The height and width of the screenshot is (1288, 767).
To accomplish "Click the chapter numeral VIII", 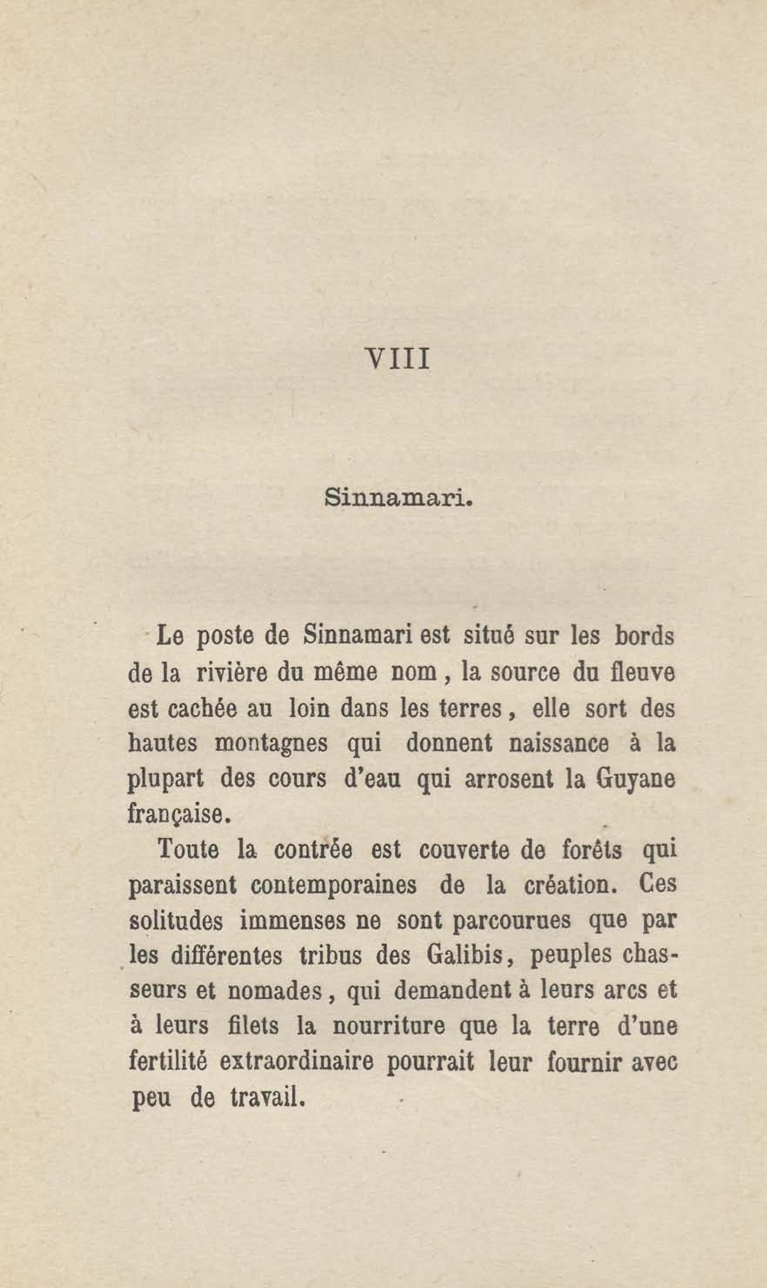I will click(397, 359).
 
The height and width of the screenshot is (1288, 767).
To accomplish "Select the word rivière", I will click(232, 673).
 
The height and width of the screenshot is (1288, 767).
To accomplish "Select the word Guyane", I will click(635, 780).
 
